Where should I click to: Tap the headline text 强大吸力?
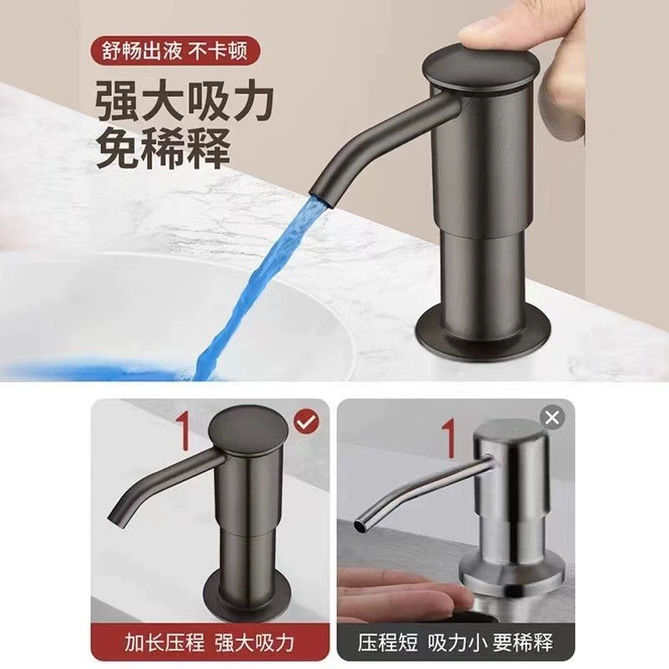(x=184, y=100)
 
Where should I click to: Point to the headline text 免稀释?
(x=163, y=147)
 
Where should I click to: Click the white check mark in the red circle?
(x=307, y=422)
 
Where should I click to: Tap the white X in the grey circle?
(x=552, y=416)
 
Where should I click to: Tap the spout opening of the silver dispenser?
(x=360, y=526)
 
